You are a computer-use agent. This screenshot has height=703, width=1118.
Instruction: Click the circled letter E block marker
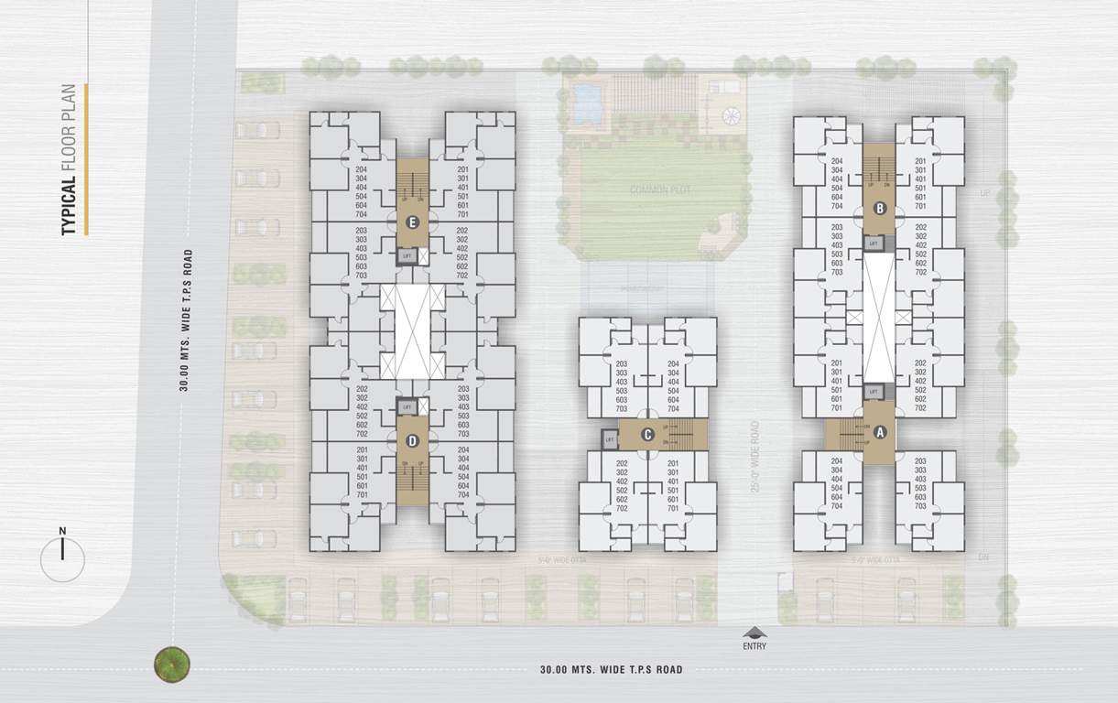[412, 221]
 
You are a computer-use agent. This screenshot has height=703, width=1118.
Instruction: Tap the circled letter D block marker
[412, 441]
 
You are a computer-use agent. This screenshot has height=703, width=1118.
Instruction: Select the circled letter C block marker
[648, 434]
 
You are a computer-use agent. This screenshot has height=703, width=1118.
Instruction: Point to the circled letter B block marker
[880, 208]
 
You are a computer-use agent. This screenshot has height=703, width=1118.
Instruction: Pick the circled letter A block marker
[881, 432]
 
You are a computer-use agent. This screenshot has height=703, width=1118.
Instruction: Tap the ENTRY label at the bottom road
[755, 646]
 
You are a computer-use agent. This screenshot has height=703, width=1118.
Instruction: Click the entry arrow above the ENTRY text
[755, 632]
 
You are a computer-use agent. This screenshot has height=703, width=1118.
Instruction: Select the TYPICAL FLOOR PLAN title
[71, 160]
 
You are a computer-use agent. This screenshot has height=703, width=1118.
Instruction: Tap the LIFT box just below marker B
[874, 243]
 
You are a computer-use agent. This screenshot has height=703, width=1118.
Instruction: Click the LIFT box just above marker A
[874, 392]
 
